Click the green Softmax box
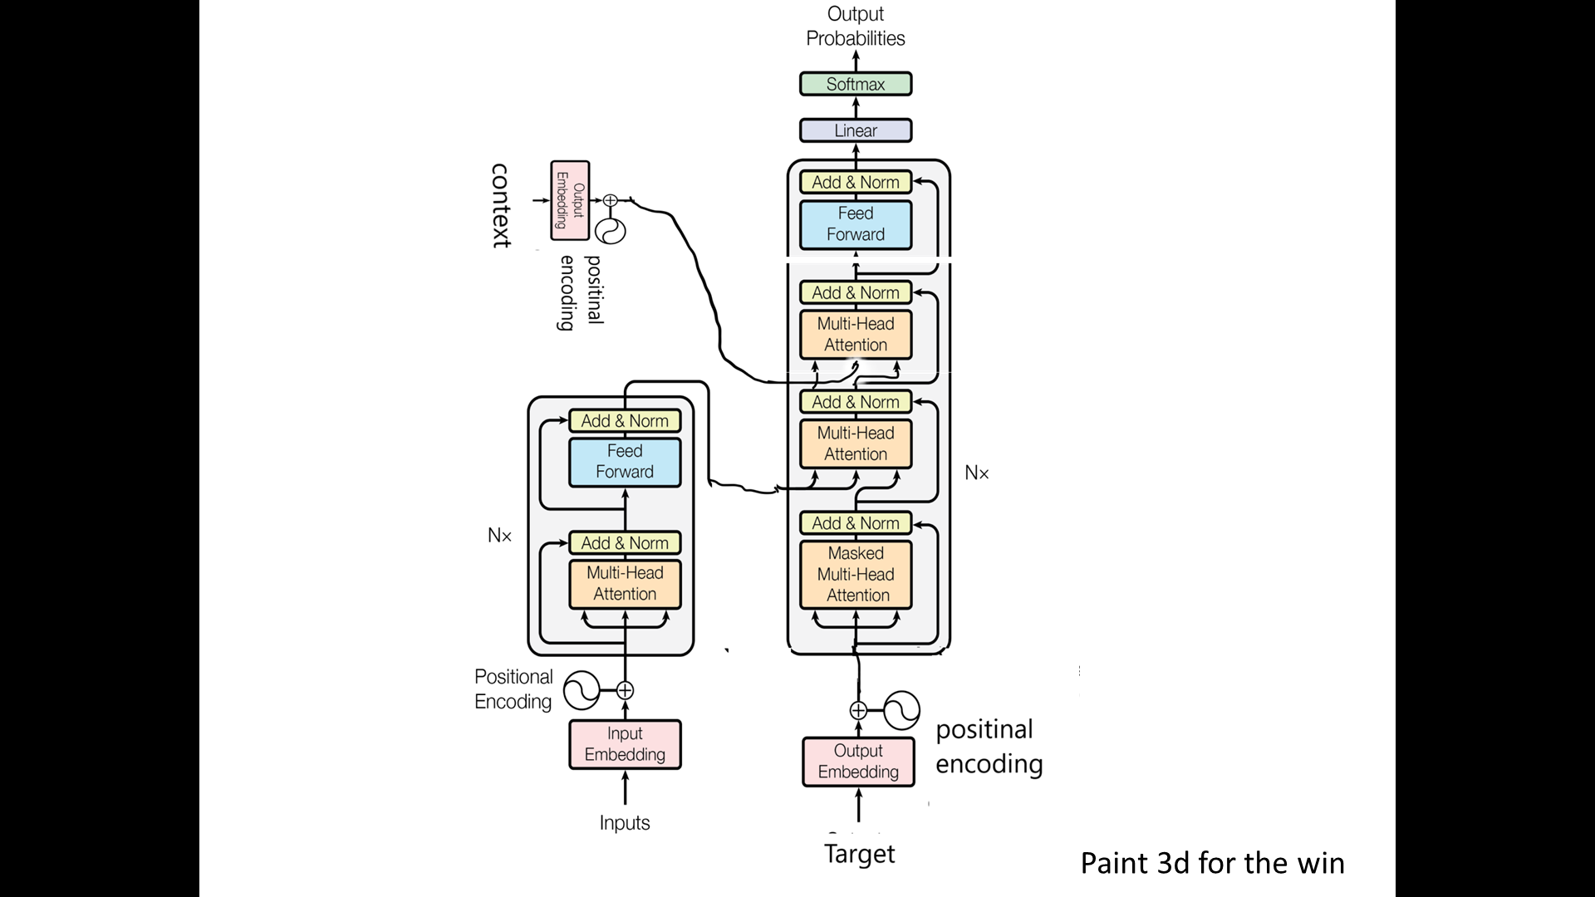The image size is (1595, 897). pyautogui.click(x=856, y=84)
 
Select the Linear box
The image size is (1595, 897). pyautogui.click(x=856, y=130)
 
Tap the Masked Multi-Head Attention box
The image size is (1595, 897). pyautogui.click(x=856, y=574)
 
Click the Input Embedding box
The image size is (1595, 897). pyautogui.click(x=625, y=744)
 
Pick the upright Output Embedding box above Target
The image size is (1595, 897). pyautogui.click(x=858, y=761)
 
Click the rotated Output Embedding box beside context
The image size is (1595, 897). pyautogui.click(x=570, y=200)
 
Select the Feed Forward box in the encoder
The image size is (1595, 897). pyautogui.click(x=625, y=462)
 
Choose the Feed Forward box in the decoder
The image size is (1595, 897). pyautogui.click(x=856, y=224)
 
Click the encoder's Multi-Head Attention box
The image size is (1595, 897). pyautogui.click(x=625, y=584)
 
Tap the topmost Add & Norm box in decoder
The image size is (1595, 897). pyautogui.click(x=856, y=182)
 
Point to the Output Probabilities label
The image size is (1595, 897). pyautogui.click(x=856, y=27)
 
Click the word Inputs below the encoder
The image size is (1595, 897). pyautogui.click(x=625, y=822)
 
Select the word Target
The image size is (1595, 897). pyautogui.click(x=859, y=854)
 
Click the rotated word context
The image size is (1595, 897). pyautogui.click(x=500, y=205)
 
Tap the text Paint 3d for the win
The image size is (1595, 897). pyautogui.click(x=1212, y=863)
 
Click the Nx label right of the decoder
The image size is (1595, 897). pyautogui.click(x=977, y=473)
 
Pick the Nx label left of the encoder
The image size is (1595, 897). pyautogui.click(x=499, y=536)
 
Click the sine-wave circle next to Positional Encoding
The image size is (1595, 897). pyautogui.click(x=581, y=690)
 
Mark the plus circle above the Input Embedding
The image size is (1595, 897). pyautogui.click(x=625, y=690)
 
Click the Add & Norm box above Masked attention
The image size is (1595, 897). pyautogui.click(x=856, y=523)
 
